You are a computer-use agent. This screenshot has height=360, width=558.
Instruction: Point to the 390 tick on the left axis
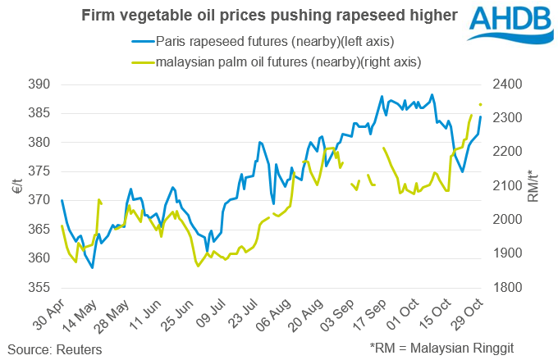click(x=39, y=84)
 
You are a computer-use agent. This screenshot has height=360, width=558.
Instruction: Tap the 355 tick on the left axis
click(x=39, y=288)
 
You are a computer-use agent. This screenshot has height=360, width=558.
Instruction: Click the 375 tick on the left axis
click(x=39, y=171)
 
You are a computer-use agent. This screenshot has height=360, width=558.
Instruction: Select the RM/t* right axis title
click(x=537, y=186)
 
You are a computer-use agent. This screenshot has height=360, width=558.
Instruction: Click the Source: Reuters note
click(x=54, y=349)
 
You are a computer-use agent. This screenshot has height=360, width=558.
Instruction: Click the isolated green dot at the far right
click(x=481, y=104)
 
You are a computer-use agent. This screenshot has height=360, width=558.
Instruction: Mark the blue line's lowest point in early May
click(x=92, y=267)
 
